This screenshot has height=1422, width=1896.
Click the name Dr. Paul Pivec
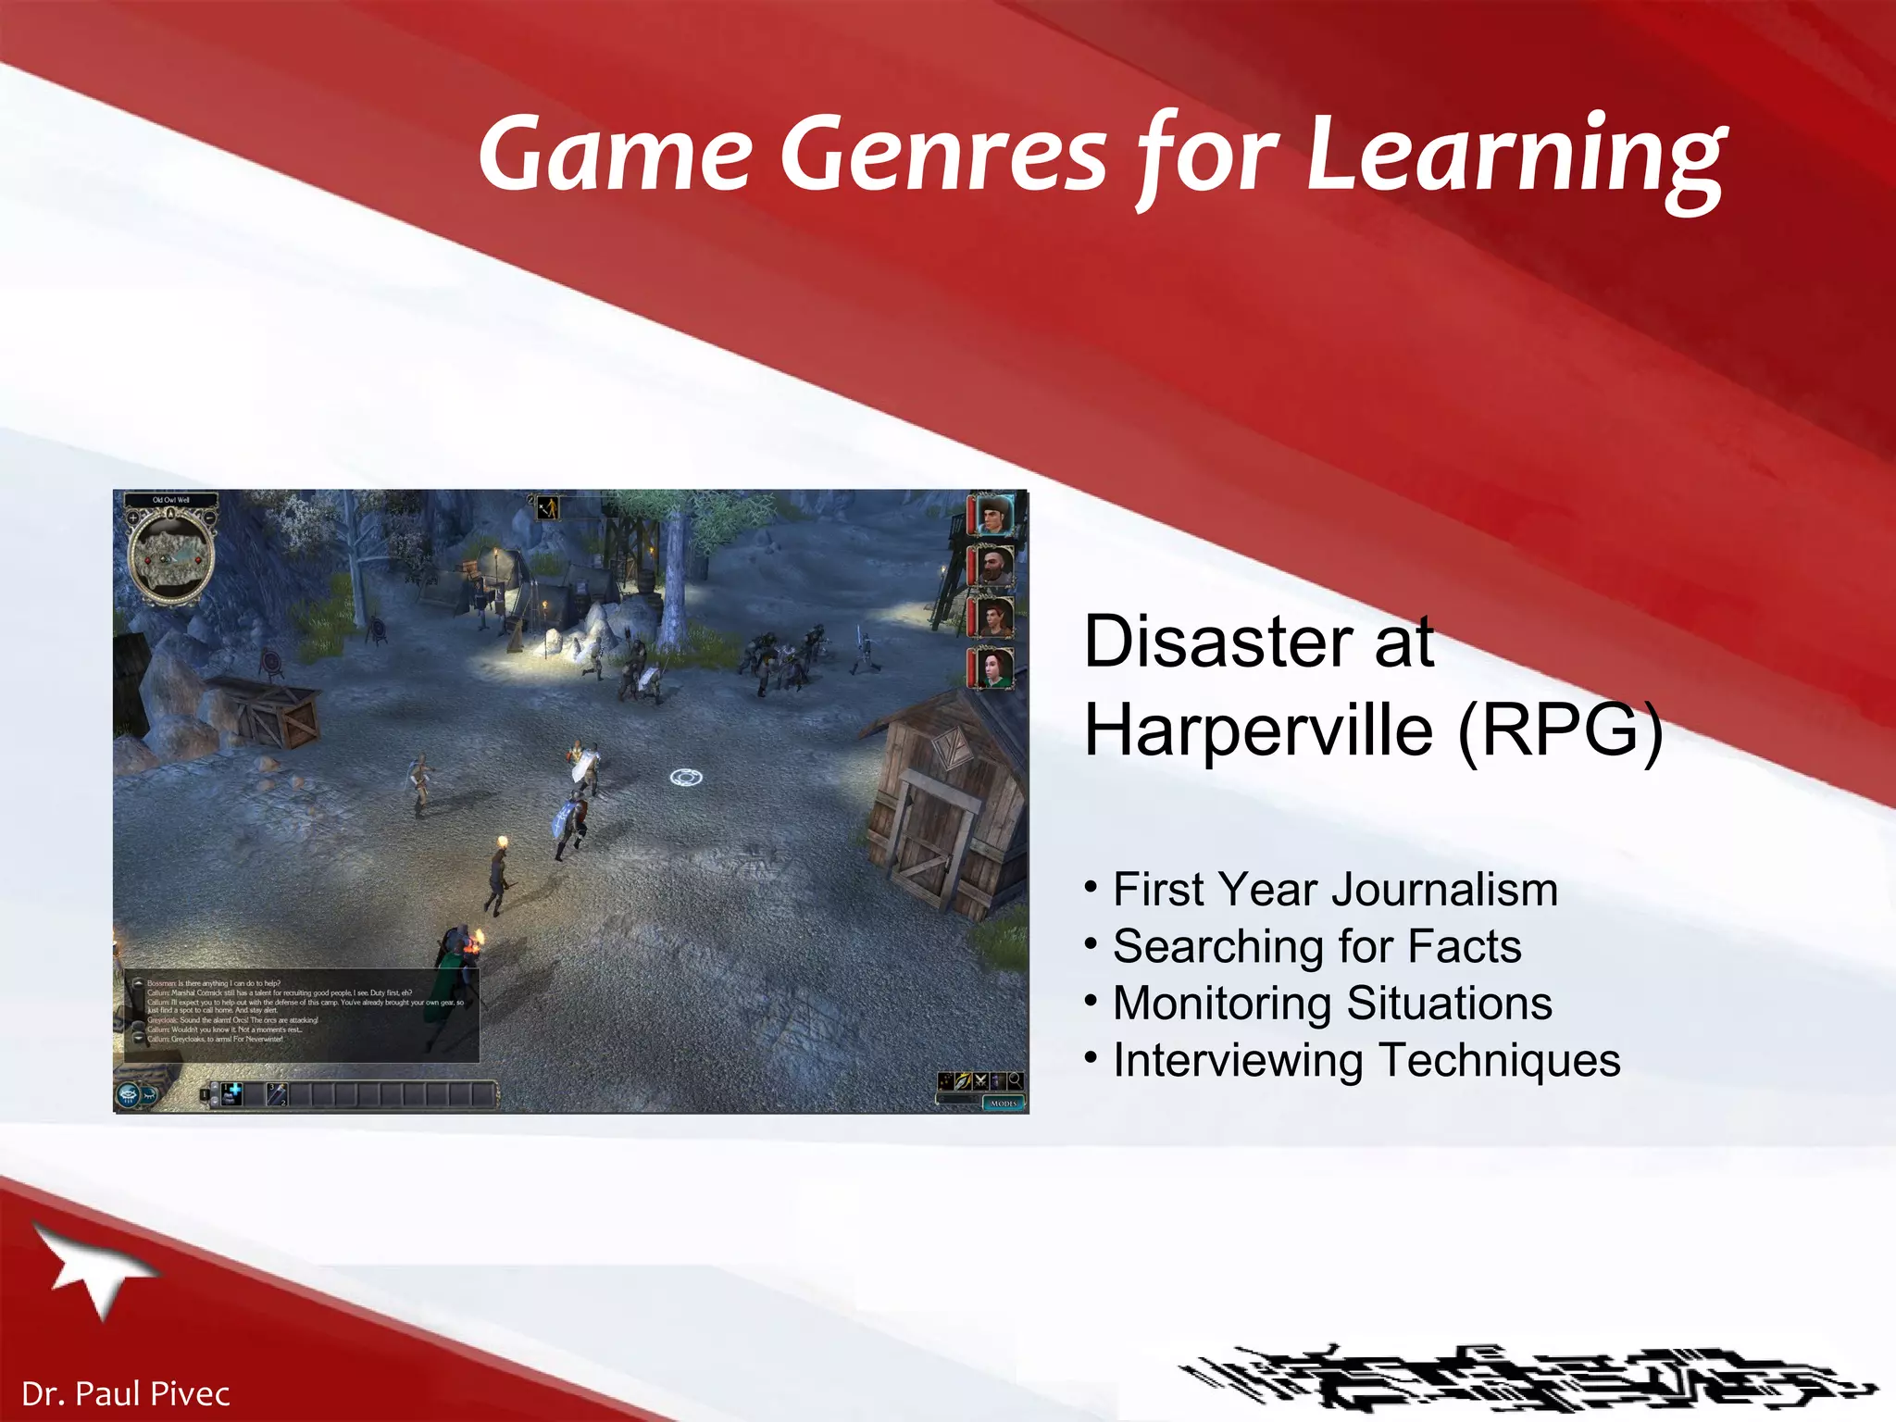tap(125, 1393)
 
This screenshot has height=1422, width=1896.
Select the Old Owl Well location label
tap(170, 500)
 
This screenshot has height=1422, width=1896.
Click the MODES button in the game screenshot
tap(1003, 1104)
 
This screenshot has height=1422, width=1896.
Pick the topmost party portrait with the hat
tap(993, 514)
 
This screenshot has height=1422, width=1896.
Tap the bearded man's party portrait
tap(993, 565)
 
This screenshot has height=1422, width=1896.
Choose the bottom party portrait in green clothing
tap(993, 667)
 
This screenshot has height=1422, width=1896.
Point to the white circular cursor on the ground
tap(685, 777)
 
